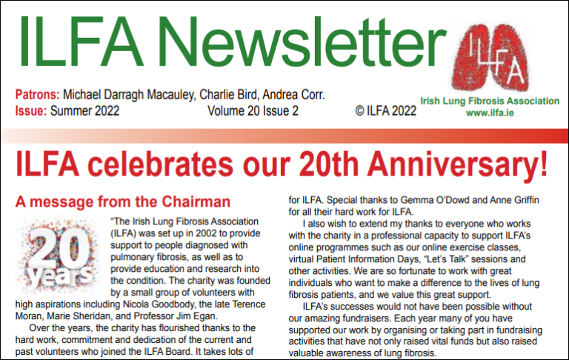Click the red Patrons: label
(x=37, y=96)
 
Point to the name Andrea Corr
(x=299, y=96)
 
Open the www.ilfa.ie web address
(x=489, y=113)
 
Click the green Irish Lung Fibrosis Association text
(x=490, y=101)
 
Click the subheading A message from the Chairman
(x=123, y=201)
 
